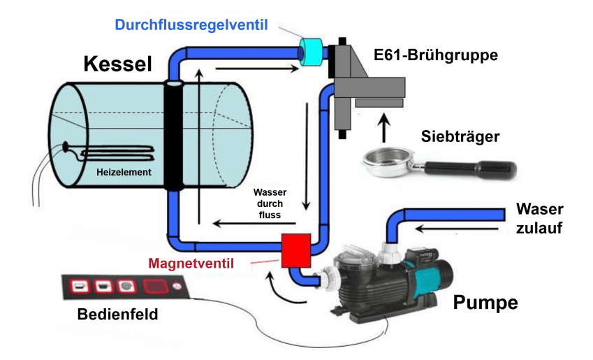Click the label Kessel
click(117, 64)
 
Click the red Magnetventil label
click(190, 264)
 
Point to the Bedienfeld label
click(117, 315)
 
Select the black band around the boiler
click(175, 136)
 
